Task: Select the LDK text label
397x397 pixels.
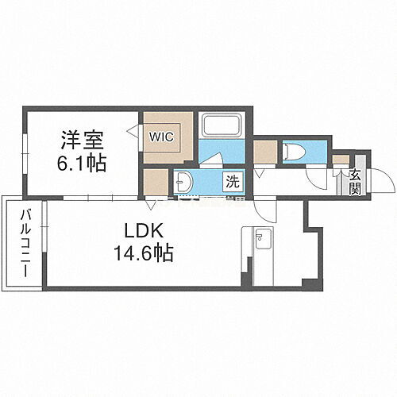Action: pyautogui.click(x=144, y=231)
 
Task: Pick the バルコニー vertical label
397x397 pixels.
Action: pyautogui.click(x=25, y=243)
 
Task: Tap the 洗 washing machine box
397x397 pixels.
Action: pyautogui.click(x=232, y=181)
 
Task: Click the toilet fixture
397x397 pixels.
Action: pyautogui.click(x=292, y=151)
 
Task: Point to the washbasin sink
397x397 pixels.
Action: pyautogui.click(x=185, y=182)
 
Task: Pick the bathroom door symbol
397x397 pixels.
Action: pyautogui.click(x=210, y=158)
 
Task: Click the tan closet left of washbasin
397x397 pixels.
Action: pyautogui.click(x=156, y=181)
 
